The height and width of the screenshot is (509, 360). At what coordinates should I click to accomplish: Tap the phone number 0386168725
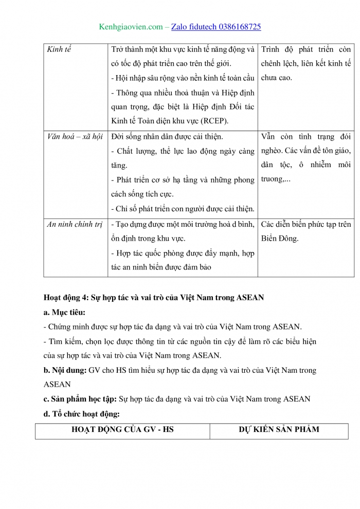coord(238,26)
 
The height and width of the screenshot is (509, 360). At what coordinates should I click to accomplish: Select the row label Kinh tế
coord(59,50)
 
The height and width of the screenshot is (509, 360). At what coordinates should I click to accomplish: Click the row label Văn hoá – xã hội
coord(75,137)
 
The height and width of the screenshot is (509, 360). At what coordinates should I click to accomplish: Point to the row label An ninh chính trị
coord(75,224)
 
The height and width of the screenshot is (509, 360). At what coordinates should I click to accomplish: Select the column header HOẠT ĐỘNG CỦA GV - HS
coord(122,429)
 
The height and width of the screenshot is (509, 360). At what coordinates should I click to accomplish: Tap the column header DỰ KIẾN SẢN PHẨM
coord(279,429)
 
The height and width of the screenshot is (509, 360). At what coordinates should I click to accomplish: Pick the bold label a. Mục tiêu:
coord(65,312)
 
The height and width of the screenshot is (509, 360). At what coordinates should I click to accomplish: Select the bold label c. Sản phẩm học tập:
coord(80,398)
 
